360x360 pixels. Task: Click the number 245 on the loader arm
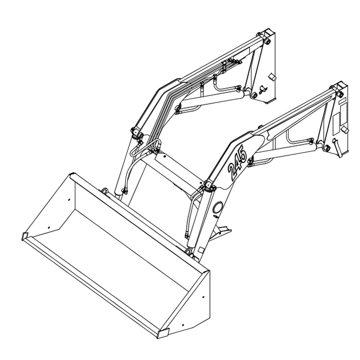pyautogui.click(x=239, y=161)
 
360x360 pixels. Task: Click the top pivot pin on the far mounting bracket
pyautogui.click(x=267, y=40)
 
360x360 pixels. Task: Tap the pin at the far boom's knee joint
pyautogui.click(x=135, y=132)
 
